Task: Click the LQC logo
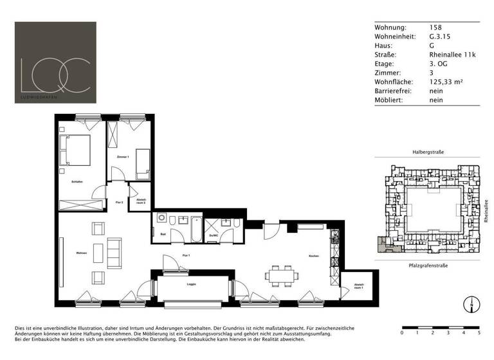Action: (x=55, y=62)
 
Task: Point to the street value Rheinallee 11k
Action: (x=452, y=55)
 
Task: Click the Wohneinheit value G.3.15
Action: (x=440, y=37)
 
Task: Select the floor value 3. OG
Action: (x=438, y=64)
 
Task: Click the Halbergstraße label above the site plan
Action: (x=428, y=152)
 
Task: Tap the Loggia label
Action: (x=191, y=283)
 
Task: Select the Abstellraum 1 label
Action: (x=359, y=287)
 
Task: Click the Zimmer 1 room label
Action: (x=123, y=157)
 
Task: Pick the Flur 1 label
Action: (x=186, y=255)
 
